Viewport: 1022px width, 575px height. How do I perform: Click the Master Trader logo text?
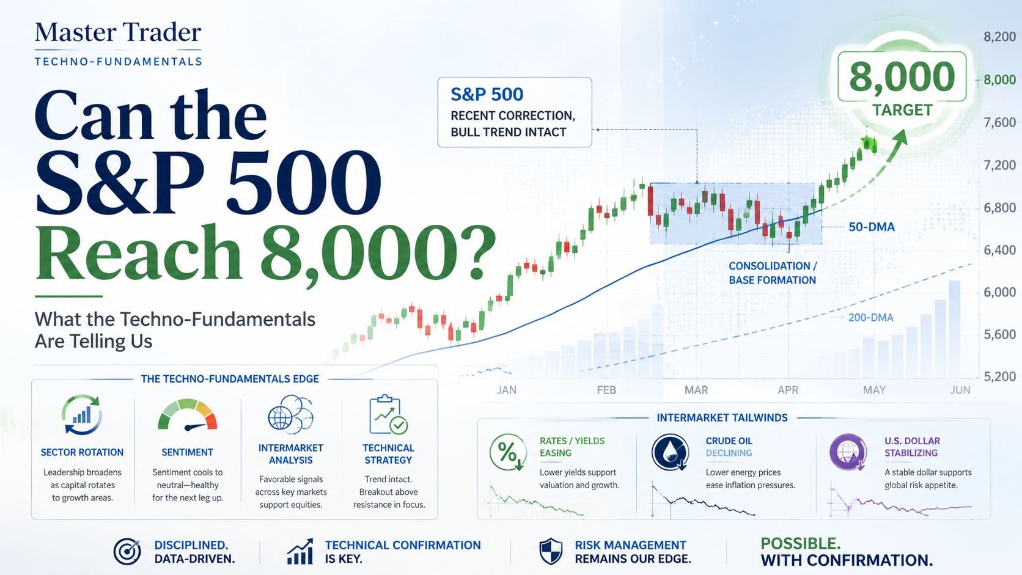click(118, 33)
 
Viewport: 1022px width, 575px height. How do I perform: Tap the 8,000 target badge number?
click(902, 76)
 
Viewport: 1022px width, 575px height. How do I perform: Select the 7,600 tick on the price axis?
click(999, 122)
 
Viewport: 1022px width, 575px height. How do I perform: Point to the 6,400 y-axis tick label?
click(999, 250)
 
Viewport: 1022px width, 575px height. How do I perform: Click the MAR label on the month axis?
click(696, 390)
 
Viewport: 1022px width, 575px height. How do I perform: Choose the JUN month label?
click(960, 390)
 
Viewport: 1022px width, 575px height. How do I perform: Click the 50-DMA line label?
click(872, 227)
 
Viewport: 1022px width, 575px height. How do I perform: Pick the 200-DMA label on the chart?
click(870, 318)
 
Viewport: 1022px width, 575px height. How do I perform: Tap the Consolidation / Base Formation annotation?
click(773, 273)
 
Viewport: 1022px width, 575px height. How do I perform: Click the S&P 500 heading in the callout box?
click(487, 94)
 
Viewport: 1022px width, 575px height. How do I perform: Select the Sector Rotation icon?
click(82, 414)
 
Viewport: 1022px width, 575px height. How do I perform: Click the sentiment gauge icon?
click(188, 415)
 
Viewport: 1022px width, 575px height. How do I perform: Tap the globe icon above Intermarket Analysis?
click(290, 414)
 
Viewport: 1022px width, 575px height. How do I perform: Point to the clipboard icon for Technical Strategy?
click(388, 414)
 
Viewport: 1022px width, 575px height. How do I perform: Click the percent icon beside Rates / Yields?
click(508, 452)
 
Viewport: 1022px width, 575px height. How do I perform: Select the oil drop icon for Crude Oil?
click(670, 452)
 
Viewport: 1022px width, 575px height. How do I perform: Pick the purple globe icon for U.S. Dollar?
click(848, 452)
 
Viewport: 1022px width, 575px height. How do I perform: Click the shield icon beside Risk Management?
click(551, 551)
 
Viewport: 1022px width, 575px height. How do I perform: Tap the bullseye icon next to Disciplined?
click(127, 552)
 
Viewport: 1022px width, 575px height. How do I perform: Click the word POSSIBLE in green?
click(800, 544)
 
